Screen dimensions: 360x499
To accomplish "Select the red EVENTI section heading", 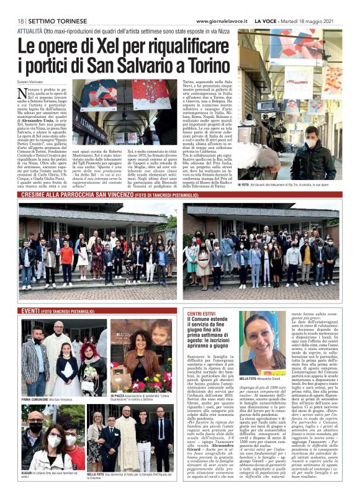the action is point(30,310).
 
